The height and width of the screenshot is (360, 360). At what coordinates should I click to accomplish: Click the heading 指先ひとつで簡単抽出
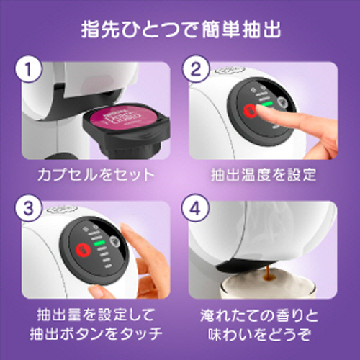(x=180, y=32)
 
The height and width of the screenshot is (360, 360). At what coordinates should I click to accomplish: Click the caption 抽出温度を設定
(x=264, y=174)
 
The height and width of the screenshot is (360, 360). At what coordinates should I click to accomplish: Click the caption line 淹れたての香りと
(x=264, y=314)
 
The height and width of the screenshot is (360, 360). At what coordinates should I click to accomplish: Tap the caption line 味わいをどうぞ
(x=264, y=335)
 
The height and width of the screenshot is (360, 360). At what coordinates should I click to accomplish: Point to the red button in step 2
(x=250, y=112)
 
